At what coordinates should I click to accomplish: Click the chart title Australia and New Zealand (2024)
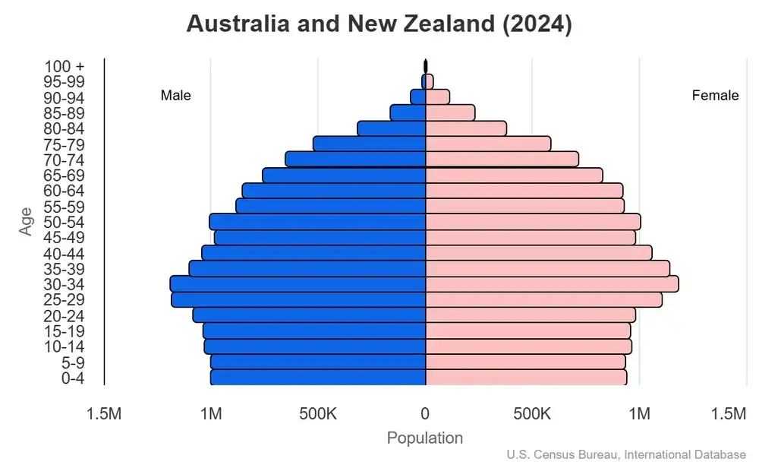pos(379,24)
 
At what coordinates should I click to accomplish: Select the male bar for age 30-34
pos(298,284)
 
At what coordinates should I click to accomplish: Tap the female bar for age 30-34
pos(552,284)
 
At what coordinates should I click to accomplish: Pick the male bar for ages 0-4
pos(318,378)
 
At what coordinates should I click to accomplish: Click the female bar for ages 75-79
pos(488,144)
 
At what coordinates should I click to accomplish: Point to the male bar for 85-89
pos(408,113)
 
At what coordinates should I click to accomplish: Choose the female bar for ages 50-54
pos(533,222)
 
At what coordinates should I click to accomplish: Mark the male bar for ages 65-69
pos(344,176)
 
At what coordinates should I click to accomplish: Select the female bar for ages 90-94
pos(437,97)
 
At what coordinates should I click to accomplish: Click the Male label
pos(176,96)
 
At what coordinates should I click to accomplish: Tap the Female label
pos(715,96)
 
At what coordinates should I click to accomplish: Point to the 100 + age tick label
pos(65,67)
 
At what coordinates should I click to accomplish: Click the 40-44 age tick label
pos(64,254)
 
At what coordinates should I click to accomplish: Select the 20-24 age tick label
pos(64,316)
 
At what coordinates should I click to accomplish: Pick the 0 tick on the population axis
pos(425,414)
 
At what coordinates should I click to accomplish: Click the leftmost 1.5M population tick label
pos(104,414)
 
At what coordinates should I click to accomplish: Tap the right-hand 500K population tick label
pos(532,414)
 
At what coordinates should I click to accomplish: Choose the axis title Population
pos(425,438)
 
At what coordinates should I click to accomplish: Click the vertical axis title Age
pos(27,221)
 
